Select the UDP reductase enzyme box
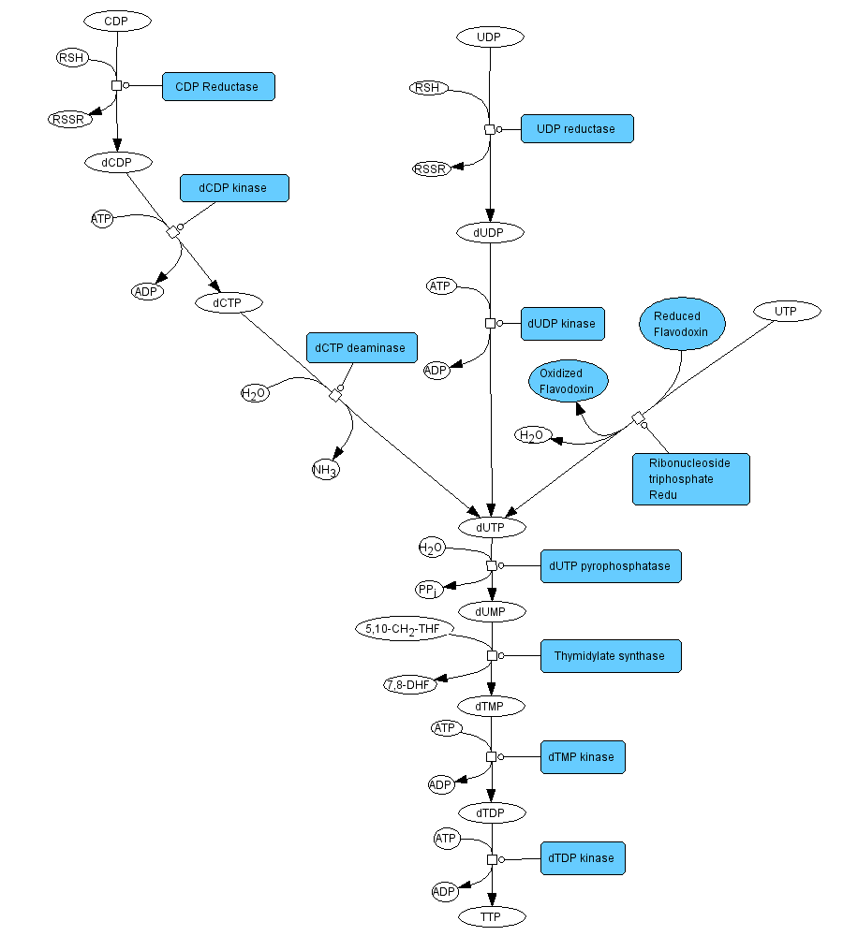tap(577, 129)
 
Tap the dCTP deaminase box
tap(361, 348)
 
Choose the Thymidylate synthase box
tap(610, 656)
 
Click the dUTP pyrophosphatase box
tap(611, 566)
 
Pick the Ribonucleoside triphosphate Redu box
tap(690, 478)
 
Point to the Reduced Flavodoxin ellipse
tap(683, 324)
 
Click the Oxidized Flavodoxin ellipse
tap(568, 381)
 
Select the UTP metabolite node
tap(785, 311)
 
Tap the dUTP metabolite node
tap(490, 528)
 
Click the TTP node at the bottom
tap(491, 916)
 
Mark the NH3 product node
tap(324, 470)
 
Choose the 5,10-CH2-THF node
tap(404, 628)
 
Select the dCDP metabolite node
tap(118, 162)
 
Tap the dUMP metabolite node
tap(490, 611)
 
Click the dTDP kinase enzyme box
tap(583, 858)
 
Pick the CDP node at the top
tap(117, 20)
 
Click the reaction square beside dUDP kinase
tap(490, 323)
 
